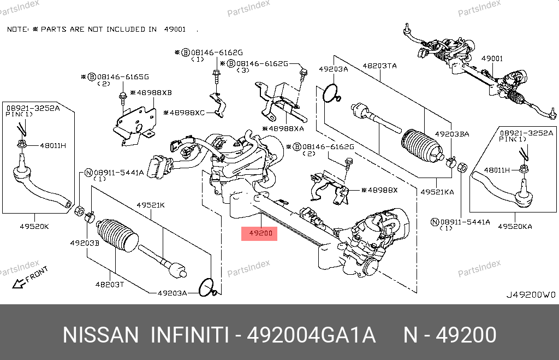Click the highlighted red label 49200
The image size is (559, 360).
click(x=260, y=234)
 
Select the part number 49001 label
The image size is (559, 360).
click(x=492, y=58)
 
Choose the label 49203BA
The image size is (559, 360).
click(x=451, y=134)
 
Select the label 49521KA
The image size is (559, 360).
click(x=437, y=192)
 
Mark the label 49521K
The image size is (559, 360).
click(x=151, y=206)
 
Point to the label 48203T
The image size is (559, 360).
click(x=110, y=284)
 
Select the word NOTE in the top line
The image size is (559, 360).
click(x=17, y=29)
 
